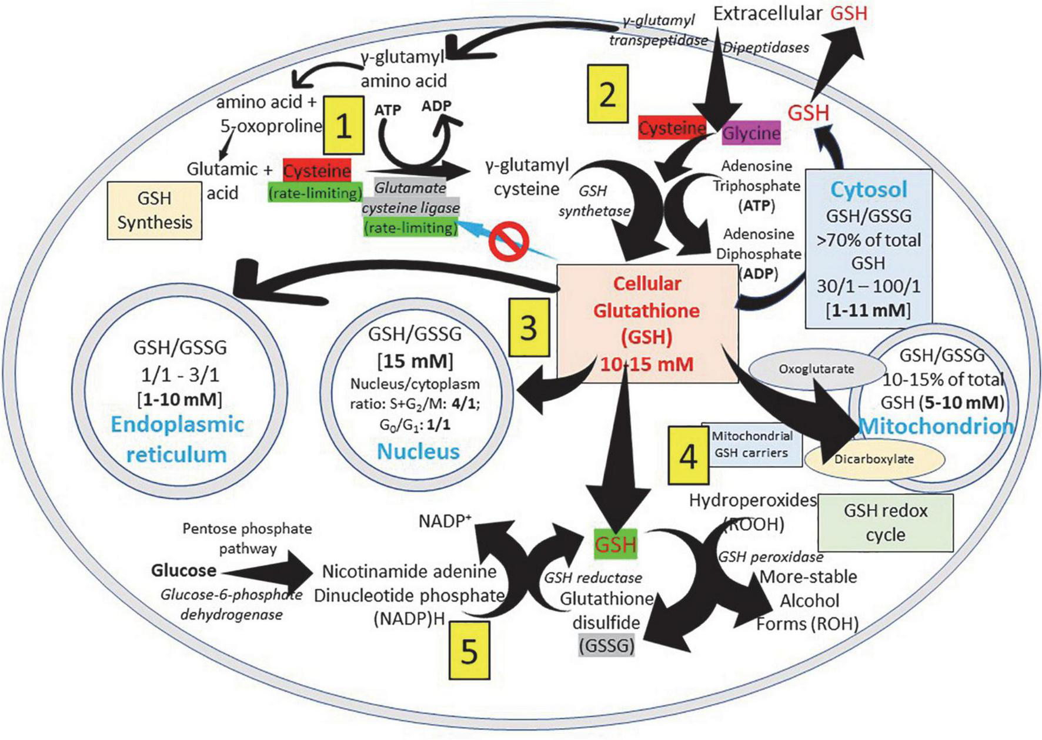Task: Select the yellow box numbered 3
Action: (529, 327)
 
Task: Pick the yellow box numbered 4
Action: (689, 456)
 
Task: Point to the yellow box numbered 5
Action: (469, 651)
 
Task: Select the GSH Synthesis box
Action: (155, 210)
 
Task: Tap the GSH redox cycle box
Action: (886, 523)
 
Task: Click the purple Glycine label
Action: (752, 133)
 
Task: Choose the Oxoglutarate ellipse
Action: (817, 369)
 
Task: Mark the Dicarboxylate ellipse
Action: (874, 459)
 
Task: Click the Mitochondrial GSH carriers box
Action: (752, 445)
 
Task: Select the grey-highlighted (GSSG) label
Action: (607, 645)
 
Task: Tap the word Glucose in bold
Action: (183, 570)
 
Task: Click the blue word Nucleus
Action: (418, 451)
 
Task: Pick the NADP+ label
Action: (445, 521)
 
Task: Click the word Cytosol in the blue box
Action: (869, 189)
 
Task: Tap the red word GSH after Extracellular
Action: (849, 14)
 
